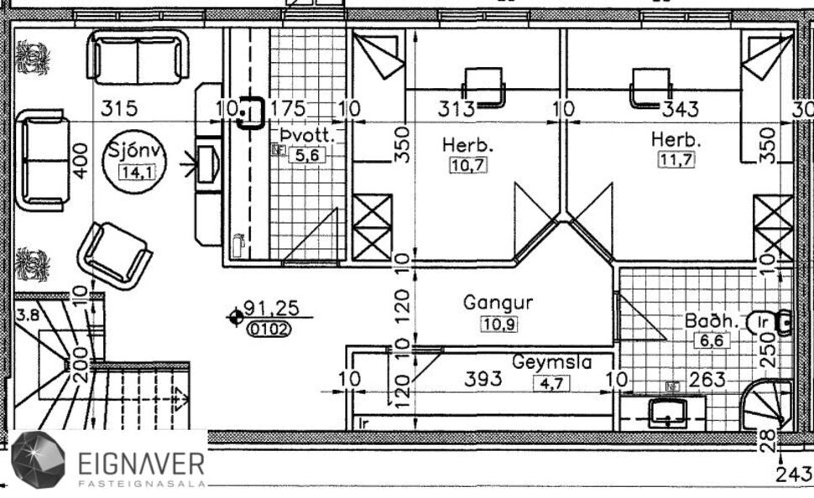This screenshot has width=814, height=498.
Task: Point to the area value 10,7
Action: point(467,165)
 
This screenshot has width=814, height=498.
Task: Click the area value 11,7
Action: point(676,160)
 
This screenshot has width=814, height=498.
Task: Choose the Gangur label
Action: point(498,302)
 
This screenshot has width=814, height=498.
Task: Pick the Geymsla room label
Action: point(552,362)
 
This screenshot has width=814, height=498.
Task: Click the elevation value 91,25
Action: point(270,309)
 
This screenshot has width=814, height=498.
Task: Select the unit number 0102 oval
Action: point(269,329)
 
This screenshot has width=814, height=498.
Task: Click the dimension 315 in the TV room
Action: point(118,108)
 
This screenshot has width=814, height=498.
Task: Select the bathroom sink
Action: point(668,411)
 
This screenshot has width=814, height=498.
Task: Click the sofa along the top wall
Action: point(138,57)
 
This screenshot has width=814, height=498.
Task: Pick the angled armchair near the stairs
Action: point(115,254)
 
